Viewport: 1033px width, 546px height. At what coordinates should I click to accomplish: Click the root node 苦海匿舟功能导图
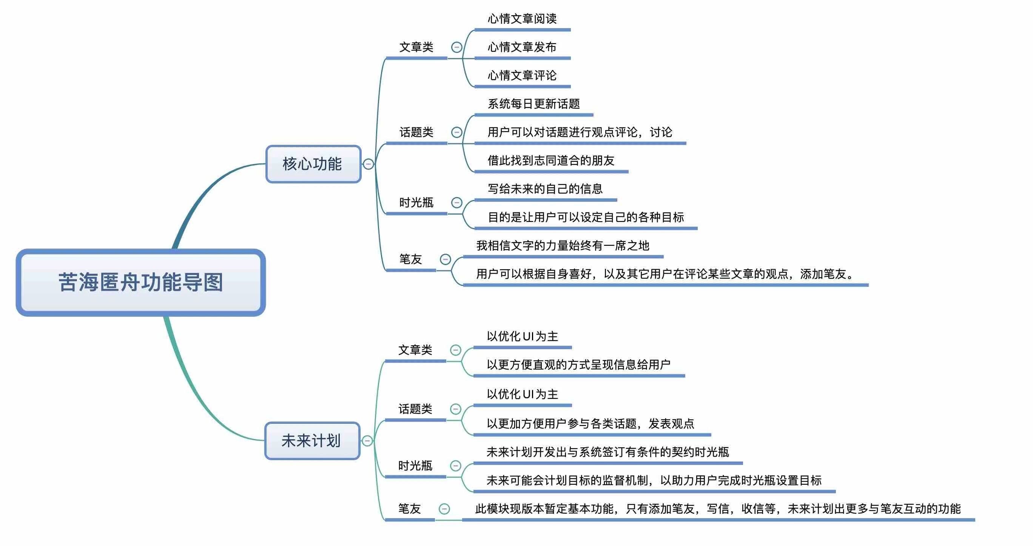[x=141, y=282]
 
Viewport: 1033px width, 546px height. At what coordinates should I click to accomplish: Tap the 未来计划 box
[x=312, y=441]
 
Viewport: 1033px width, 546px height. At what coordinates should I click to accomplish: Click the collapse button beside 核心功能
[x=368, y=164]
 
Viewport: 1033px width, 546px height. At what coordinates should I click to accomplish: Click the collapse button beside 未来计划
[x=367, y=441]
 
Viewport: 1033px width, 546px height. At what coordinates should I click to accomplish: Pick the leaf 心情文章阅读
[x=522, y=19]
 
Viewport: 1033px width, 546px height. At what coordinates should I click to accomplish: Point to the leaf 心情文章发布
[x=522, y=47]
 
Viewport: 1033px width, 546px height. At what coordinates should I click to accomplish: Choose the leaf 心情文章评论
[x=522, y=76]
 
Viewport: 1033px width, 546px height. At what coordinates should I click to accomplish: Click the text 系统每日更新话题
[x=533, y=104]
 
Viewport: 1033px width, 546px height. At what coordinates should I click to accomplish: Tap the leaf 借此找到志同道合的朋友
[x=550, y=161]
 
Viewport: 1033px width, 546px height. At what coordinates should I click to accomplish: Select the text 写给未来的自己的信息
[x=545, y=189]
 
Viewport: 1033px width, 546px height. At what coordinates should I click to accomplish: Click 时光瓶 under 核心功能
[x=416, y=202]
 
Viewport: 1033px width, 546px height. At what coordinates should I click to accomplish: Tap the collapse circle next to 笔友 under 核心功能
[x=445, y=259]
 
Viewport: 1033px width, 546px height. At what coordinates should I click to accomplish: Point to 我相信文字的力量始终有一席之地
[x=562, y=246]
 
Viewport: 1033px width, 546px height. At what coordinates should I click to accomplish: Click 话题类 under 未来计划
[x=415, y=409]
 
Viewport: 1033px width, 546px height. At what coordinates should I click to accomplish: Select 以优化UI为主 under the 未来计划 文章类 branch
[x=522, y=337]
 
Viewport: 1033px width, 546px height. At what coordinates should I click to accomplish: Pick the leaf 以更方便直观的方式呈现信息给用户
[x=578, y=365]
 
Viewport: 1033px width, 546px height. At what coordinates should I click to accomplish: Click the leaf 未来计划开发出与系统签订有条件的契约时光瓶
[x=607, y=452]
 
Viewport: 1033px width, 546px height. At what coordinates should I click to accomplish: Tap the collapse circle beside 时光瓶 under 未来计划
[x=456, y=466]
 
